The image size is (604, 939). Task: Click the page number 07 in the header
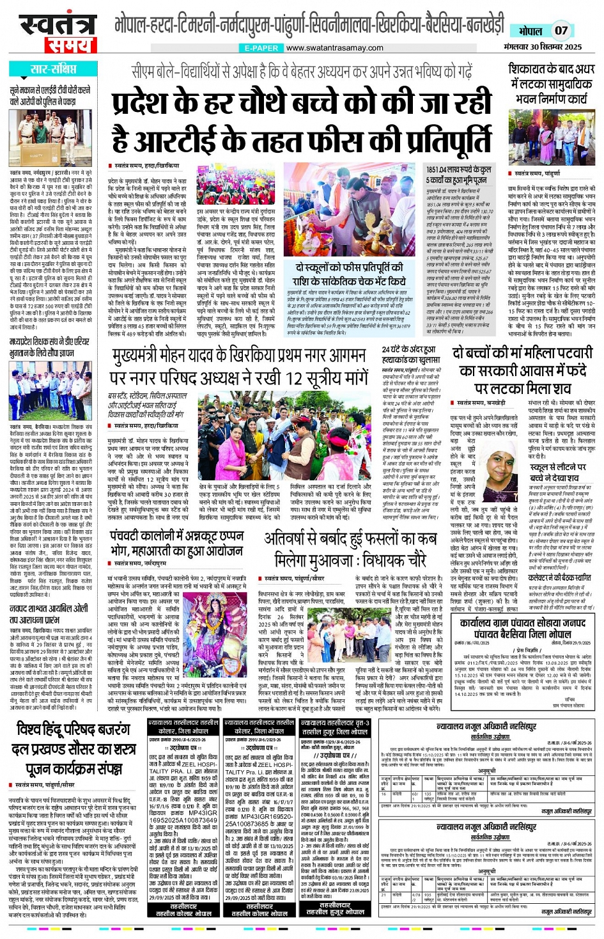coord(561,30)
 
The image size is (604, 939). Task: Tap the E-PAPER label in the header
coord(261,48)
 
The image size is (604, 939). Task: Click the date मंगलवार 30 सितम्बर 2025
coord(543,47)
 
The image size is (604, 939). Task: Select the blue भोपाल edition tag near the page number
coord(530,31)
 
